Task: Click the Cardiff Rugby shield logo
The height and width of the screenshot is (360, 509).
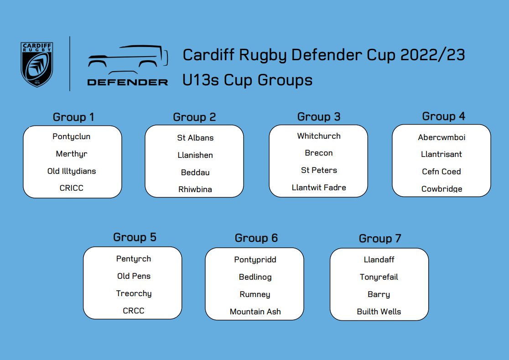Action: click(37, 64)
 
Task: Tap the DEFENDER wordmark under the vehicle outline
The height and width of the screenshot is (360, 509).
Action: click(128, 82)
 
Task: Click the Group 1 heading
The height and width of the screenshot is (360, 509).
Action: click(73, 117)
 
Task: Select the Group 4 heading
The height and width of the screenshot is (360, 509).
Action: click(443, 116)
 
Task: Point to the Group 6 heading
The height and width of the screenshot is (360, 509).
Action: click(256, 238)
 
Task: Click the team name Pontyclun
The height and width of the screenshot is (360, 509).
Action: click(72, 136)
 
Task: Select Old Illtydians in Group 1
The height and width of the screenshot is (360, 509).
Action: click(72, 171)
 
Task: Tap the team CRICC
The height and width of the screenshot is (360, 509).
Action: click(72, 188)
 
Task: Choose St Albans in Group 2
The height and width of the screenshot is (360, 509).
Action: click(195, 138)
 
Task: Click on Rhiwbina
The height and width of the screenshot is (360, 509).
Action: click(195, 189)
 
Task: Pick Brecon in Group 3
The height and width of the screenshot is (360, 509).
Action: click(319, 153)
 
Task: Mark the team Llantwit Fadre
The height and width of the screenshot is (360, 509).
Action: click(319, 188)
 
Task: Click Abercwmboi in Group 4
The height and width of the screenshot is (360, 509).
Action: click(441, 137)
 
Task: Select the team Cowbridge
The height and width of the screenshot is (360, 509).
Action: click(441, 189)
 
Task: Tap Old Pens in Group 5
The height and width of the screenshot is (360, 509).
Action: click(134, 276)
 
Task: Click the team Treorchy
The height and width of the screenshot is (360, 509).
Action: click(134, 293)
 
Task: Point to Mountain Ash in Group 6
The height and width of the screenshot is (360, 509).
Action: click(255, 312)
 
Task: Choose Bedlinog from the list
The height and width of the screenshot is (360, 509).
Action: click(255, 277)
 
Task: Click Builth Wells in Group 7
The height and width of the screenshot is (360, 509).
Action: click(379, 312)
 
